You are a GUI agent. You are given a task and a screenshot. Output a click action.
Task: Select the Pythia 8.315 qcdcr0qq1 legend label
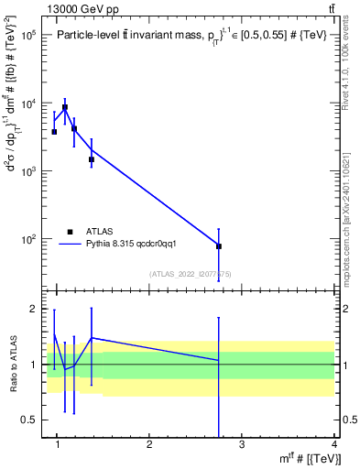(137, 245)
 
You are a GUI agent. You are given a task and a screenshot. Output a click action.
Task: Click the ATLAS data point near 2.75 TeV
(219, 246)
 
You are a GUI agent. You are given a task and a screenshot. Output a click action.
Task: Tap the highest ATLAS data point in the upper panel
(64, 107)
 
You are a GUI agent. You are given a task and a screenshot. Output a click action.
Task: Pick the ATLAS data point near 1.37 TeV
(92, 159)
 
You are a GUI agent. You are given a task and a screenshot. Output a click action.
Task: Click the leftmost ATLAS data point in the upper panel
(54, 132)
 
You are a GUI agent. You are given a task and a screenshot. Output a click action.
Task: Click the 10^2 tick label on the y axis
(27, 239)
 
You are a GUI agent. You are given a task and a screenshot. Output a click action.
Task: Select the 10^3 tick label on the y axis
(27, 171)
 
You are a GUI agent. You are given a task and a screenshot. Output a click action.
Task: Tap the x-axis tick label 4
(334, 444)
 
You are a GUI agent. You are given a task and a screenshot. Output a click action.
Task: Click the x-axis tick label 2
(149, 444)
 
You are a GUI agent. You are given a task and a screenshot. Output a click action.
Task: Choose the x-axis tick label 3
(242, 444)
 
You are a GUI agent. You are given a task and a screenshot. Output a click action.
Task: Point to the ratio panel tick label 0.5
(31, 420)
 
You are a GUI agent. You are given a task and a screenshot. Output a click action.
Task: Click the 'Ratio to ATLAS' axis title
(12, 364)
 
